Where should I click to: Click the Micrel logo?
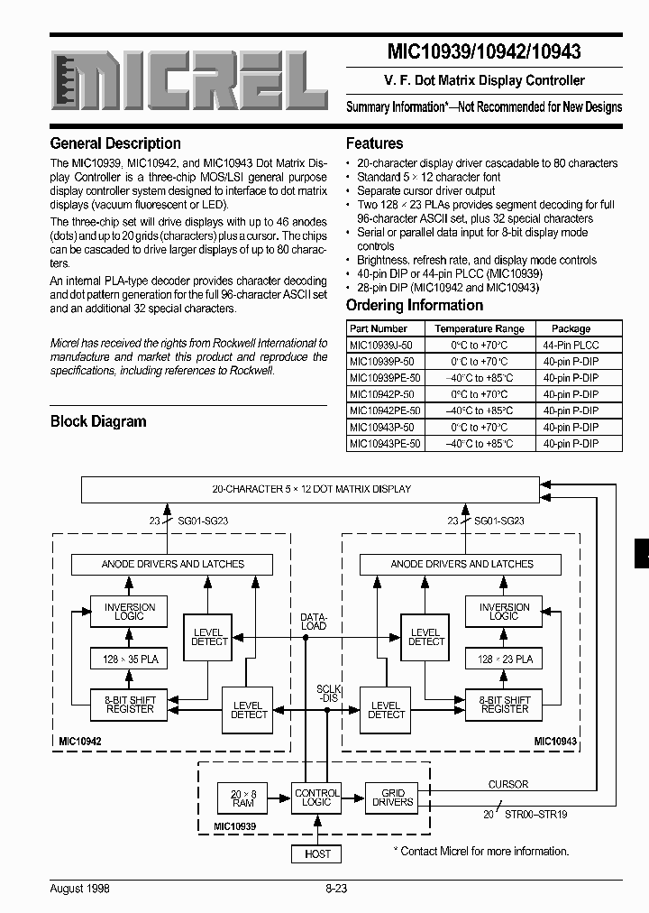tap(188, 82)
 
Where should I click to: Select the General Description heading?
tap(115, 143)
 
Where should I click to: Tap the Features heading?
tap(375, 143)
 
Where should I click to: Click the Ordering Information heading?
tap(415, 305)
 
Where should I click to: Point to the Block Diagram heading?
tap(98, 421)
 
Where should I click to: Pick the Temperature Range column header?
tap(479, 328)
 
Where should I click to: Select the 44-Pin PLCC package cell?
tap(571, 346)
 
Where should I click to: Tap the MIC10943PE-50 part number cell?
tap(385, 443)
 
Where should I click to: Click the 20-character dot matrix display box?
tap(312, 489)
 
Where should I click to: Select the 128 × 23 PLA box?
tap(504, 659)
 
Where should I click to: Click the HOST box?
tap(317, 853)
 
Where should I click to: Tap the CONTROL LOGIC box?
tap(317, 798)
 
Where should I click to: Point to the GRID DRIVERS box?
tap(392, 798)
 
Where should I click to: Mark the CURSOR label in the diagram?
tap(508, 784)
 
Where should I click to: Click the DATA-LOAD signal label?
tap(313, 622)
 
